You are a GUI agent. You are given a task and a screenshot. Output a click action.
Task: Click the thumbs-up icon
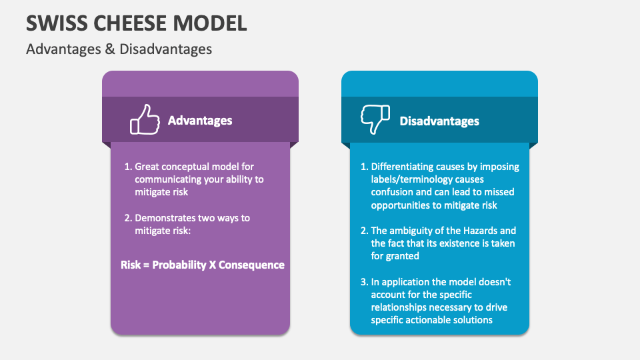click(145, 121)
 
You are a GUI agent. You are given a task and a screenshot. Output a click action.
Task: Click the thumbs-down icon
click(375, 120)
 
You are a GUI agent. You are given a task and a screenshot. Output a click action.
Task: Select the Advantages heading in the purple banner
click(200, 121)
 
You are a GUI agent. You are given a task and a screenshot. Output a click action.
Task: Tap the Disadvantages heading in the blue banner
click(439, 121)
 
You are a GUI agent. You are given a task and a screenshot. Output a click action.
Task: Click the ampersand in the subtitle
click(111, 49)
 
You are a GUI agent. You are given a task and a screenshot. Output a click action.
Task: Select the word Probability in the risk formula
click(179, 265)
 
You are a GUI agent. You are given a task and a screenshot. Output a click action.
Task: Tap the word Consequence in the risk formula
click(252, 265)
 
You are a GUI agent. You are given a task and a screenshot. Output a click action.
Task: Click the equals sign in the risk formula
click(146, 265)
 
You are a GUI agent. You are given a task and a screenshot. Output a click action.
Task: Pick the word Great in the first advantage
click(147, 167)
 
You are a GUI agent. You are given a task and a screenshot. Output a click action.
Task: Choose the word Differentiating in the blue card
click(402, 167)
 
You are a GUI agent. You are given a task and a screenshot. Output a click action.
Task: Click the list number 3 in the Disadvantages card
click(364, 282)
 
